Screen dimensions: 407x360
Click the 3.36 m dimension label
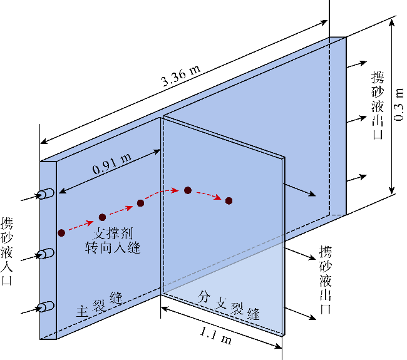181,76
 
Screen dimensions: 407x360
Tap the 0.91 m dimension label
111,163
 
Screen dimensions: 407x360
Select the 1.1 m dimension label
215,335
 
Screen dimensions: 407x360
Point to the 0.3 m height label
398,105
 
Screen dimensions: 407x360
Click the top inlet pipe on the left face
46,194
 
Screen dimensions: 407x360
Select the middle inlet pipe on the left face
46,254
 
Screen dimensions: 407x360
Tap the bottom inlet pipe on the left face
46,307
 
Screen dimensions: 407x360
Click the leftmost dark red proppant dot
61,233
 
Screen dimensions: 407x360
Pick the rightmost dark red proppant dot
229,200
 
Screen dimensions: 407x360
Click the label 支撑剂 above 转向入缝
113,234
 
